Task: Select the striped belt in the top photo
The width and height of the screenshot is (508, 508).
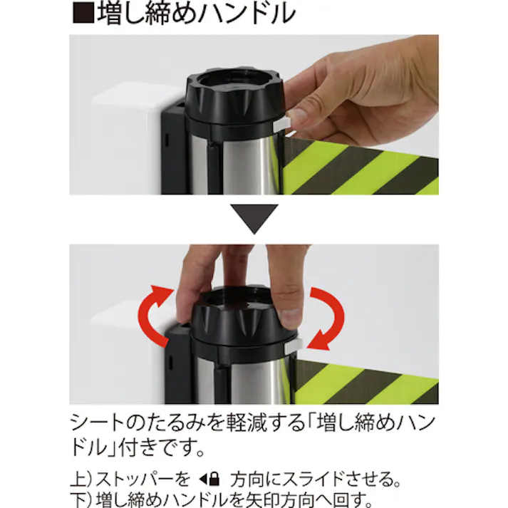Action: pyautogui.click(x=363, y=167)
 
